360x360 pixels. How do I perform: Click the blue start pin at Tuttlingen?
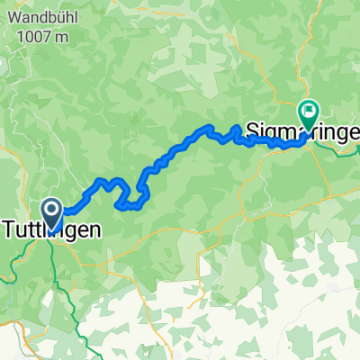coord(52,214)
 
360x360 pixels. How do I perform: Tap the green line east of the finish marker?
coord(346,151)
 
